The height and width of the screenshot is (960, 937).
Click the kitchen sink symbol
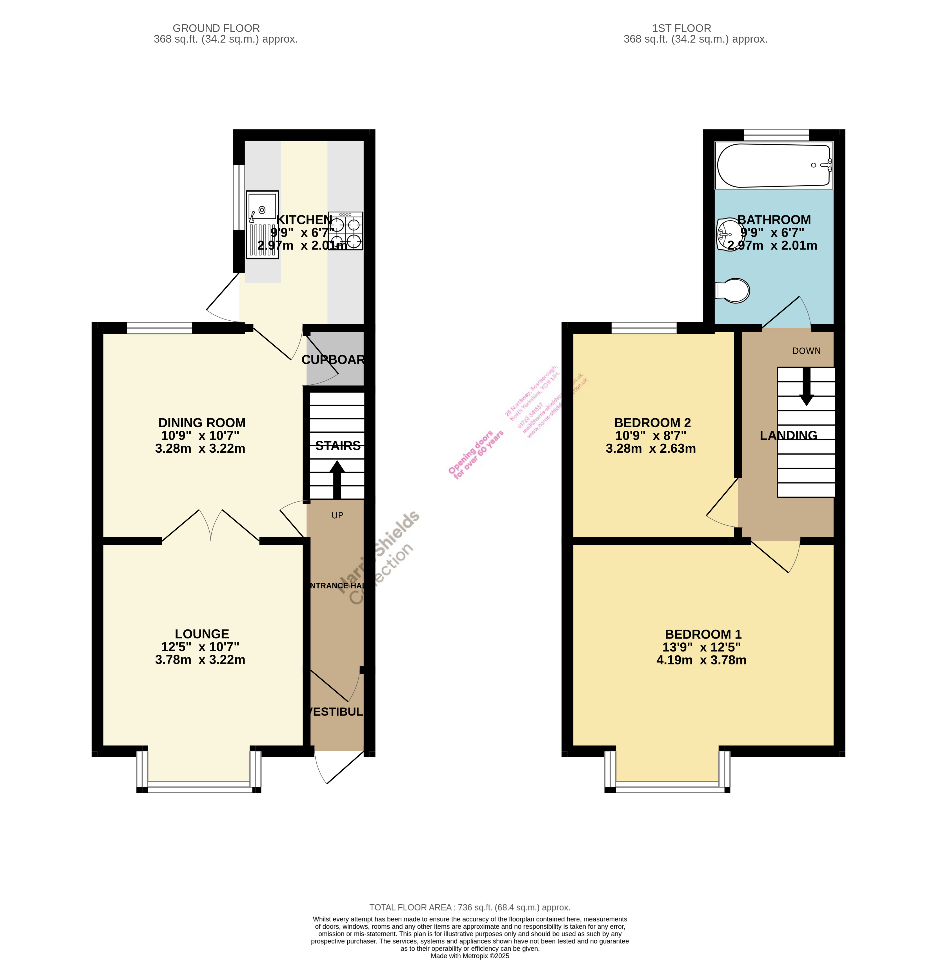(x=262, y=224)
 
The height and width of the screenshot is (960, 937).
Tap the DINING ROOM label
(x=202, y=423)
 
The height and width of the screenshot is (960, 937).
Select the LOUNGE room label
(x=202, y=634)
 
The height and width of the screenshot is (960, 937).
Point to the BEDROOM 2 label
(x=652, y=423)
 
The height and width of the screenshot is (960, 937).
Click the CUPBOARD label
(x=333, y=360)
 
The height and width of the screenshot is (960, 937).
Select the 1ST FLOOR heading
(x=681, y=28)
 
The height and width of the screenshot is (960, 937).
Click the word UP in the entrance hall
(x=337, y=515)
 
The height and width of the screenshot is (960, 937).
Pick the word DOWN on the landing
(x=806, y=351)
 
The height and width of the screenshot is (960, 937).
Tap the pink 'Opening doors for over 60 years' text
(x=476, y=454)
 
